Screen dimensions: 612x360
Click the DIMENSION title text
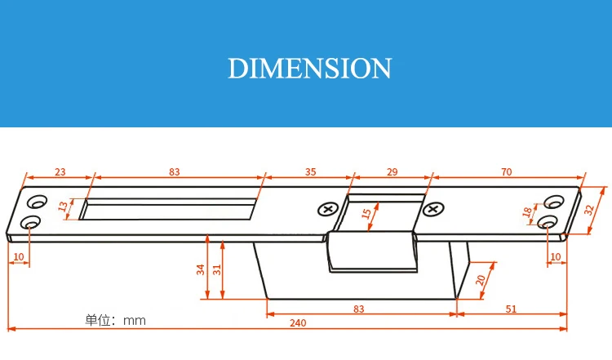pos(309,69)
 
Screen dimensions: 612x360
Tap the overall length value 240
pos(298,323)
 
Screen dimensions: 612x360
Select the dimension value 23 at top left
pos(60,171)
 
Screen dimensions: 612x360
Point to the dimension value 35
pos(310,171)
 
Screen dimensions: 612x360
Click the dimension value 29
pos(392,171)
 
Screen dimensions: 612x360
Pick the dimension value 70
pos(506,171)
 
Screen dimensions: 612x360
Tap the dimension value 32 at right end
pos(589,210)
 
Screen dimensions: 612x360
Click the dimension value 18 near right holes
pos(527,211)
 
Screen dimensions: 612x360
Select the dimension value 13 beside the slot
pos(63,206)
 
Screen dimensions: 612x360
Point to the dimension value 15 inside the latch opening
pos(366,214)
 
